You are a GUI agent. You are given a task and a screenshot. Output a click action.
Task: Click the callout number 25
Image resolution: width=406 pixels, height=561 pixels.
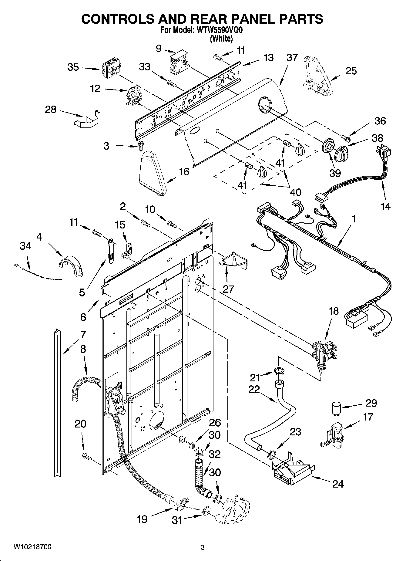(351, 71)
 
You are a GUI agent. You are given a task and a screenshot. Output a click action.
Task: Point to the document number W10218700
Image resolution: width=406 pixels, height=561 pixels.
(32, 547)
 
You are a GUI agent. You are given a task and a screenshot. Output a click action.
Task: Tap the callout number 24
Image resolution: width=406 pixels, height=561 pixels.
(337, 484)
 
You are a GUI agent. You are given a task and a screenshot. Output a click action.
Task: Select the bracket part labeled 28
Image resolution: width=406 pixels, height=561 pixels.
(87, 119)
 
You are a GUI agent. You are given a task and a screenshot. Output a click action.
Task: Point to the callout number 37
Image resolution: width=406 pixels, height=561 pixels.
(292, 57)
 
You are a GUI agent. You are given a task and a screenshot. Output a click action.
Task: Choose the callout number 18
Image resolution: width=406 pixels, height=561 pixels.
(333, 312)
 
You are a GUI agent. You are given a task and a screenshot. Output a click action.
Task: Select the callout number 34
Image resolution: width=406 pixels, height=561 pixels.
(25, 246)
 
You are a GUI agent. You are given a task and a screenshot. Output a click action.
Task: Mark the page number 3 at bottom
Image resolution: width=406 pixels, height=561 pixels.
(203, 547)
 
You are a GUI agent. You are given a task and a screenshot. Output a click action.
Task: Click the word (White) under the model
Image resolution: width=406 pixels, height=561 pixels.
(221, 39)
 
